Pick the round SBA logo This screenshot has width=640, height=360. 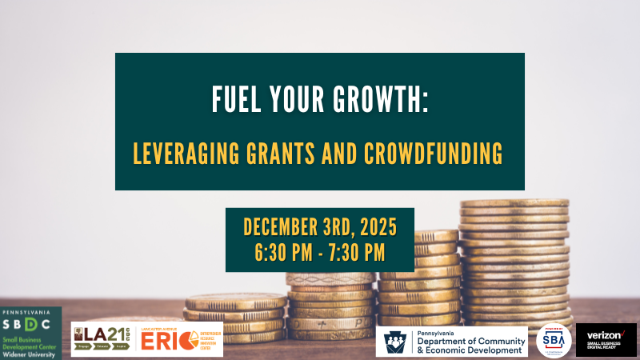(x=554, y=340)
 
